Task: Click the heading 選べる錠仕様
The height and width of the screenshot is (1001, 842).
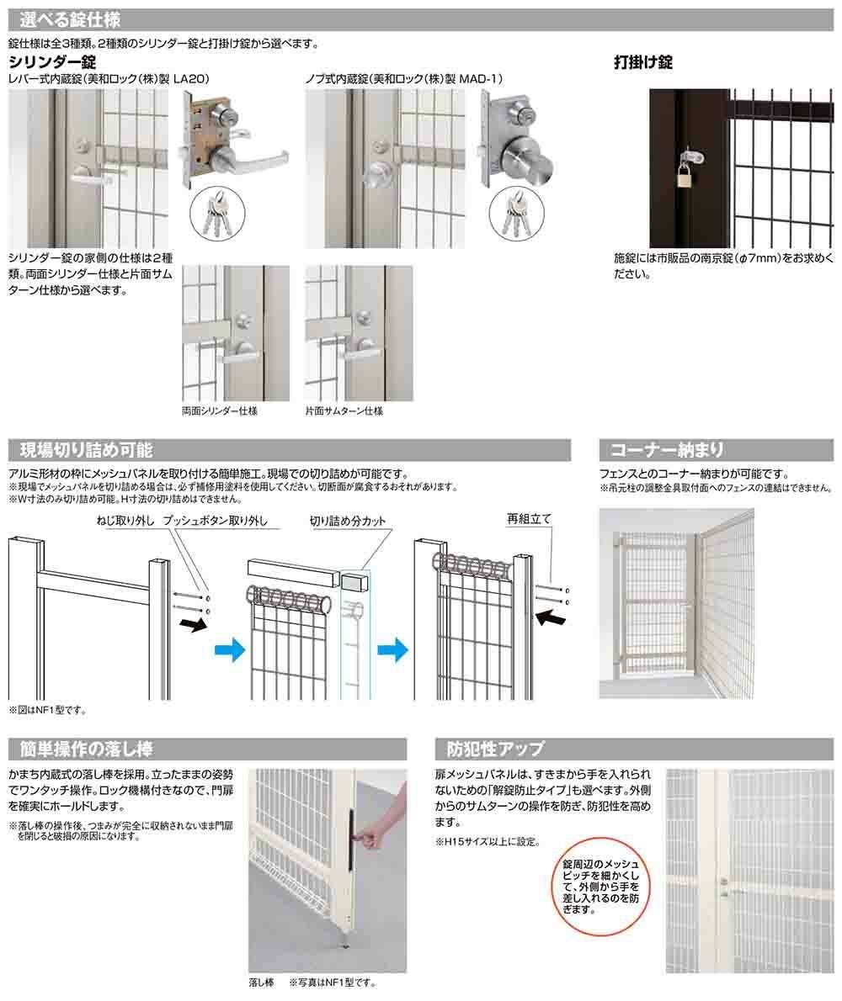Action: [70, 20]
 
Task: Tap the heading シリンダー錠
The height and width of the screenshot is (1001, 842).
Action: [52, 62]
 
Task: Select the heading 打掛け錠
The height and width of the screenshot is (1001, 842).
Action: [642, 62]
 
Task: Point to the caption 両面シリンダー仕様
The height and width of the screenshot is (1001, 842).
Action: [219, 411]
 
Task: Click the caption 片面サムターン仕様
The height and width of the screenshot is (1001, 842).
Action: [344, 411]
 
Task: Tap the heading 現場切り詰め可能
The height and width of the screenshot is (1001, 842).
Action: [86, 450]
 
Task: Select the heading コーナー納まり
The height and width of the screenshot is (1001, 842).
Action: [667, 450]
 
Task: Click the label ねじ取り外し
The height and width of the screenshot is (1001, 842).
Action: [125, 521]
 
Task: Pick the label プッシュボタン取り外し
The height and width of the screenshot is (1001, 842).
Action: [215, 521]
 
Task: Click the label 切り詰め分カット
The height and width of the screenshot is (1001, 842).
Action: [348, 521]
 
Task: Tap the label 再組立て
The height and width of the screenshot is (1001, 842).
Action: [528, 519]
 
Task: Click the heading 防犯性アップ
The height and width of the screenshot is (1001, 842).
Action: [495, 748]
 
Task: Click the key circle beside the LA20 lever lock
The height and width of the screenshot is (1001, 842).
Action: [216, 213]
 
